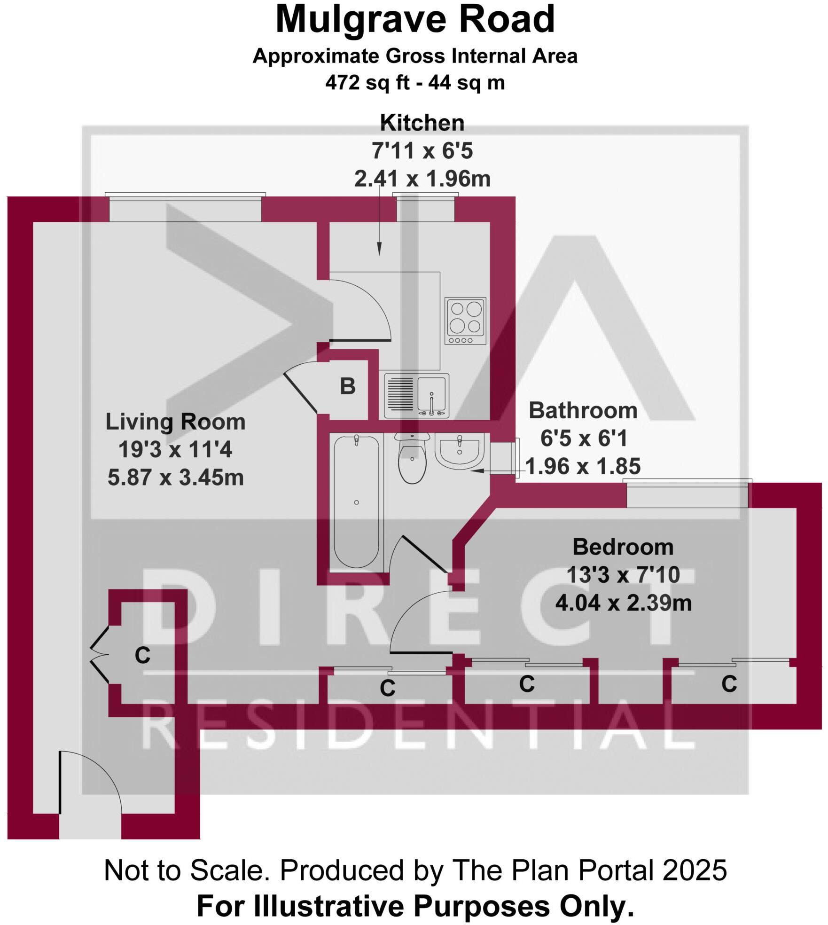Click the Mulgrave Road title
(x=415, y=20)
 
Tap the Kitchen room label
(x=422, y=123)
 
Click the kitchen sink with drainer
(x=416, y=395)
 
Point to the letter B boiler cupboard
(x=348, y=386)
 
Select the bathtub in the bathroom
(x=357, y=502)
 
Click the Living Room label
(x=175, y=422)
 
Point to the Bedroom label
(x=623, y=547)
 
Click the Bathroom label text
(x=583, y=410)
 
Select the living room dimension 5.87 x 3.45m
(x=175, y=478)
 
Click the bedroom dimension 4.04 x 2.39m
(x=624, y=603)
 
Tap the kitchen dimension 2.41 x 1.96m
(x=422, y=179)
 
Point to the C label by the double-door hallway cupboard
(x=142, y=655)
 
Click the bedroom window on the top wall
(x=687, y=494)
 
